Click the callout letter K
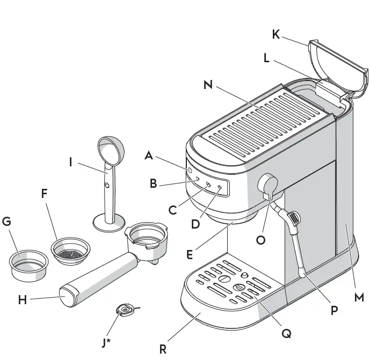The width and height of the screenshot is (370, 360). click(x=275, y=35)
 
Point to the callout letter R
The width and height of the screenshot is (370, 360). click(x=162, y=348)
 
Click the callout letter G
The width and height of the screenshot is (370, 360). click(x=7, y=222)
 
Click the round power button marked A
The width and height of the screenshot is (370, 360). click(x=190, y=170)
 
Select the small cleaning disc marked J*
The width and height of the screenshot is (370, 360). click(x=125, y=310)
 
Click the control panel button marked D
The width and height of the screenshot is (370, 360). click(x=220, y=187)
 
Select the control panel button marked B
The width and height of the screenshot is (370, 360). click(x=197, y=179)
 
